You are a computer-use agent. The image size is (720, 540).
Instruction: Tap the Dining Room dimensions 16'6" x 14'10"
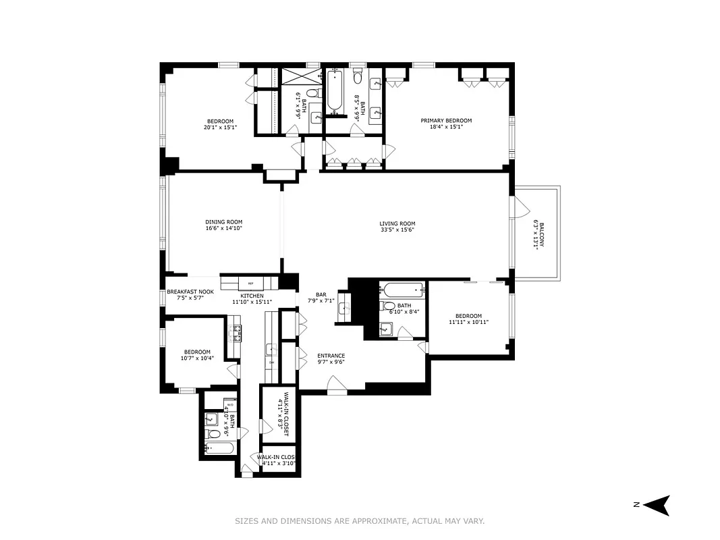pyautogui.click(x=223, y=228)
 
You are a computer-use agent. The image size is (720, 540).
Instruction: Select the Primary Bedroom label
pyautogui.click(x=446, y=121)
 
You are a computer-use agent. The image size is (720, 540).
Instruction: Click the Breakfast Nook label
pyautogui.click(x=190, y=292)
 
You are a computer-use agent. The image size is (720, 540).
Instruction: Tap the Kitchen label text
pyautogui.click(x=252, y=296)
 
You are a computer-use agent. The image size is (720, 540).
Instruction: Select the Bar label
pyautogui.click(x=321, y=295)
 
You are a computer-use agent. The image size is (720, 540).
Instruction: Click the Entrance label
pyautogui.click(x=331, y=356)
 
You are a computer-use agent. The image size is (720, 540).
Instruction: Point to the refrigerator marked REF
pyautogui.click(x=250, y=283)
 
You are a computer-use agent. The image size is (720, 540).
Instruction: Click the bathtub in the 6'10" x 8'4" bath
pyautogui.click(x=403, y=291)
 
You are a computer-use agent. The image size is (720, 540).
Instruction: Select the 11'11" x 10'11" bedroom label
pyautogui.click(x=468, y=316)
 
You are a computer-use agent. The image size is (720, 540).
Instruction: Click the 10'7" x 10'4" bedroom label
pyautogui.click(x=196, y=352)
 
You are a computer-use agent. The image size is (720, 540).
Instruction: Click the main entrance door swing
pyautogui.click(x=337, y=385)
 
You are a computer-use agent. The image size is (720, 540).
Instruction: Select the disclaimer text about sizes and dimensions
pyautogui.click(x=360, y=520)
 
